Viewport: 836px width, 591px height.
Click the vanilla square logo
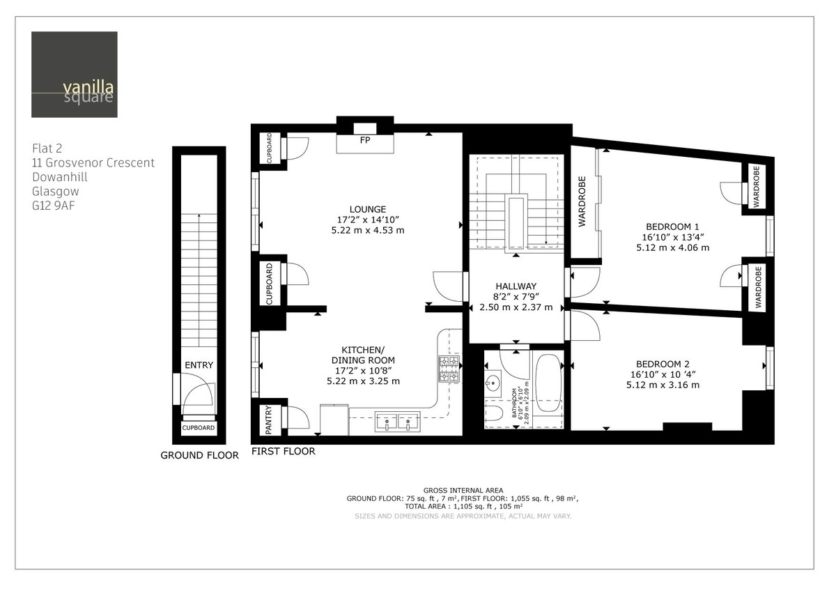click(74, 75)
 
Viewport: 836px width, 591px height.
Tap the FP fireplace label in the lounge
click(364, 140)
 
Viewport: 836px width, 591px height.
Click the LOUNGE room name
click(368, 209)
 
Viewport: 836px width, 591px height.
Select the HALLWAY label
click(516, 286)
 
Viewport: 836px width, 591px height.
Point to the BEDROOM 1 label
click(672, 227)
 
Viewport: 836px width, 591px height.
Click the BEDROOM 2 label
click(663, 364)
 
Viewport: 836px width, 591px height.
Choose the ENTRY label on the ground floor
click(199, 365)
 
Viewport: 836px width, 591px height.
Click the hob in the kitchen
click(449, 369)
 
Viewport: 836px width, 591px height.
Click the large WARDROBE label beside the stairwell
click(582, 201)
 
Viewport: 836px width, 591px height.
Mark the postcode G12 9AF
click(52, 206)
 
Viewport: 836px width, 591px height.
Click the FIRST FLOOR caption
click(284, 451)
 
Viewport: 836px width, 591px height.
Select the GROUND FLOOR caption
click(199, 455)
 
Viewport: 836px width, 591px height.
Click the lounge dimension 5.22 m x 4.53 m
click(368, 230)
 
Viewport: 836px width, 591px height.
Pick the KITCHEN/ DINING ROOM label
click(363, 354)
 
